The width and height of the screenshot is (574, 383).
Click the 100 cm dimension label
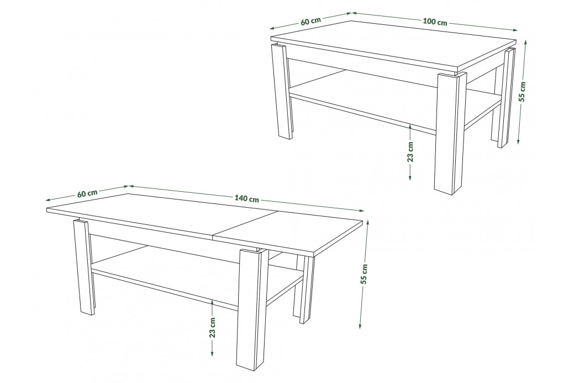coord(435,22)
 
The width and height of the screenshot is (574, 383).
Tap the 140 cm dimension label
coord(246,199)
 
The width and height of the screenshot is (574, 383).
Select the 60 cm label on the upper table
coord(310,21)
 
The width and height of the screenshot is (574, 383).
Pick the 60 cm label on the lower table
coord(87,193)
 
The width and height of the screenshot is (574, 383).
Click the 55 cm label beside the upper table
coord(523,91)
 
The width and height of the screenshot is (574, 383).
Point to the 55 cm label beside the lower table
coord(364,274)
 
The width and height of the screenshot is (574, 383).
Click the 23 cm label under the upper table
coord(410,151)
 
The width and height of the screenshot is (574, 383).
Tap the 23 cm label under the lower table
coord(213,327)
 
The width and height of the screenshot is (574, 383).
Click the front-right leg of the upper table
coord(450,132)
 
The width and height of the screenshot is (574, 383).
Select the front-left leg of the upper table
coord(282,92)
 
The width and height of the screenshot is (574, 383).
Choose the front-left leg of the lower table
coord(84,267)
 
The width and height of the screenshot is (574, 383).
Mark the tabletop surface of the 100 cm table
coord(393,44)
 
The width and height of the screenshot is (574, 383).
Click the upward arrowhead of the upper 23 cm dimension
coord(410,127)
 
